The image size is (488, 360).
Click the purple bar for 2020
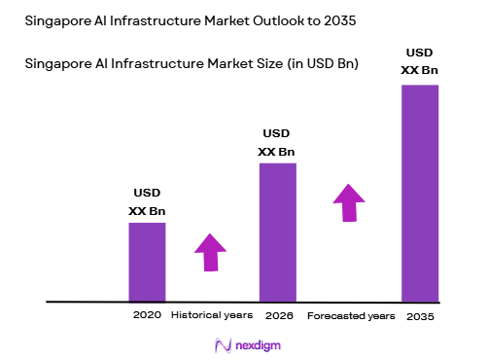click(147, 262)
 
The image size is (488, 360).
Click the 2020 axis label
click(147, 315)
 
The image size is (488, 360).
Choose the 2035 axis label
click(420, 316)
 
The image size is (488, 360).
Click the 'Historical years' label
click(212, 315)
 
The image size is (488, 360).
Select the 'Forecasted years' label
click(351, 316)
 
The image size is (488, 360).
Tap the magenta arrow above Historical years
click(211, 251)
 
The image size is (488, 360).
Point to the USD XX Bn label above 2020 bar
click(147, 202)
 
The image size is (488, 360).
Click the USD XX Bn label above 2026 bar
click(277, 142)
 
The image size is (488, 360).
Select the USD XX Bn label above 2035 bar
click(420, 62)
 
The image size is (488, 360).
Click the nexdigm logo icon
click(221, 344)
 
